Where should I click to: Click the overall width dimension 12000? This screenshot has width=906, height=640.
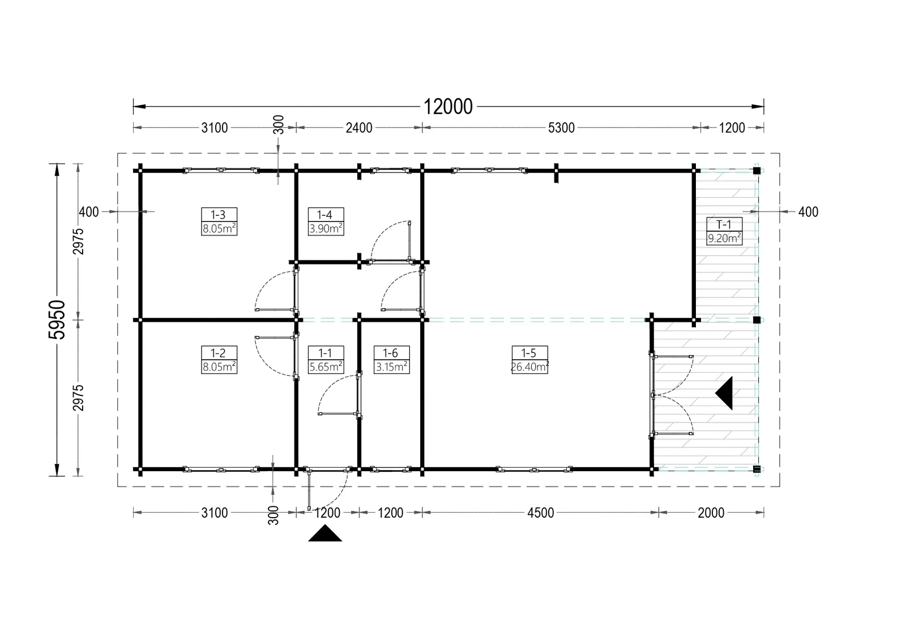(448, 107)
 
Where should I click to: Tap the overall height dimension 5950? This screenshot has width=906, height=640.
(57, 319)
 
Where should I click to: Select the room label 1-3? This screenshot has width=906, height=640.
(219, 215)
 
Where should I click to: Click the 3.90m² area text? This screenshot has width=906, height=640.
(326, 228)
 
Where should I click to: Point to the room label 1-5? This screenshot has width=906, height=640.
(529, 353)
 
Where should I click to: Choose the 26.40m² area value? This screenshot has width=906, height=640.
(530, 366)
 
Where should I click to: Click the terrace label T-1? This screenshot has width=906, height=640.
(724, 224)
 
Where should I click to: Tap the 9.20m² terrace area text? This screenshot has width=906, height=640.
(724, 238)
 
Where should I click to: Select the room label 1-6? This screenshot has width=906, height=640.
(391, 353)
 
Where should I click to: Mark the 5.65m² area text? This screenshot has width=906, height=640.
(326, 366)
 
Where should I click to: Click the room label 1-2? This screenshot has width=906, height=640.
(219, 353)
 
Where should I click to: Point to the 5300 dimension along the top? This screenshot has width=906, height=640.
(561, 128)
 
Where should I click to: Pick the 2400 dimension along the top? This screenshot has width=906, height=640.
(359, 128)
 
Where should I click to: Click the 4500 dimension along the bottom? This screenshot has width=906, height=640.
(540, 513)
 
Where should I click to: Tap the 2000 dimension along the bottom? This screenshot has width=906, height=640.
(711, 513)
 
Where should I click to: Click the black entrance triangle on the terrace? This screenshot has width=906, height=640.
(726, 393)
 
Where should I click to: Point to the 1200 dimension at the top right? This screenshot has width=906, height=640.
(732, 128)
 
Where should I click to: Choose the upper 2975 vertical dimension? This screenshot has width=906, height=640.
(78, 241)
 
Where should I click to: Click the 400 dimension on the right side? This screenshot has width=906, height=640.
(808, 212)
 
